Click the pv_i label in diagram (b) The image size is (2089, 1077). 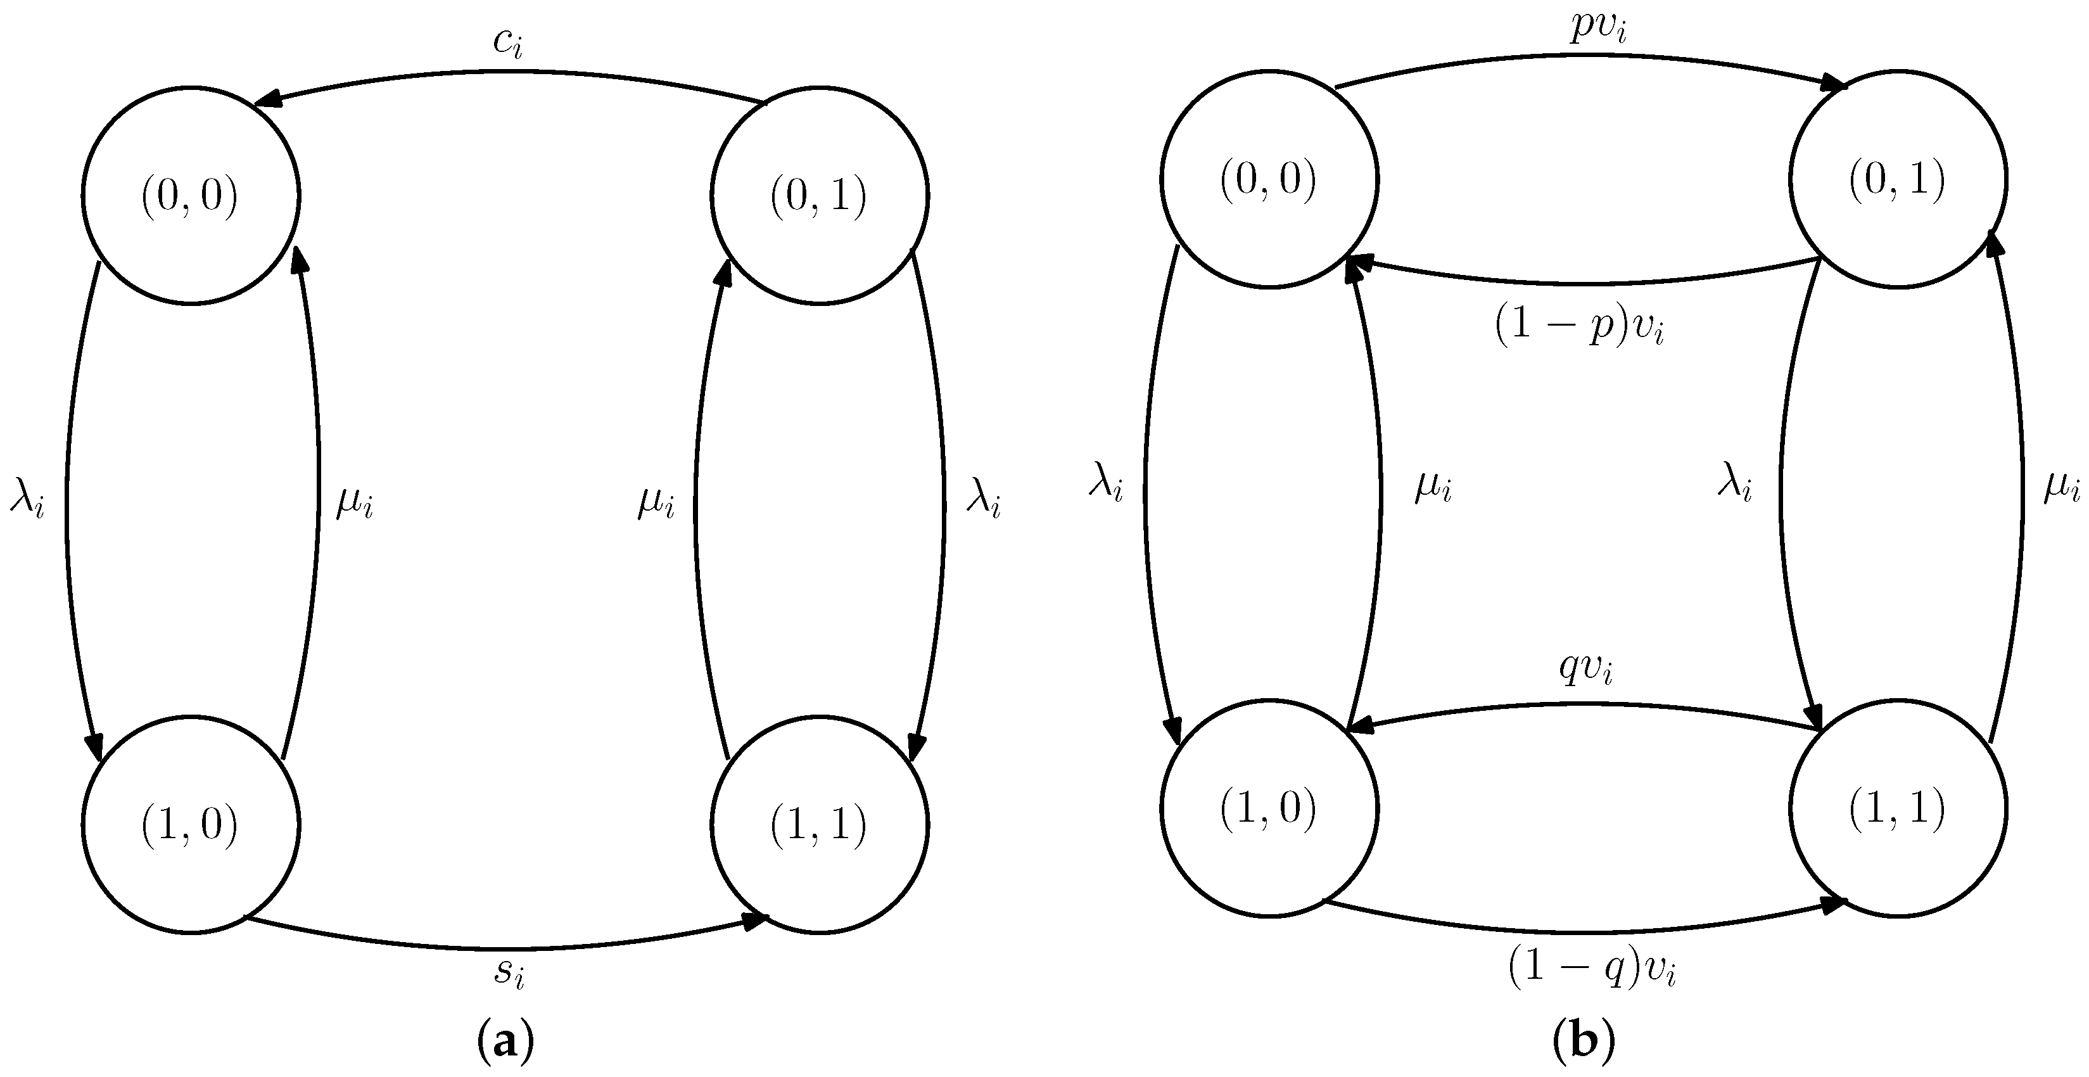1598,27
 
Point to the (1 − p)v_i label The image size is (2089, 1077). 1579,327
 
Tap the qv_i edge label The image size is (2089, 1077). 1585,669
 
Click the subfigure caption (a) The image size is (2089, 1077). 507,1043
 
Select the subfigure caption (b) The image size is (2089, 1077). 1583,1043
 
